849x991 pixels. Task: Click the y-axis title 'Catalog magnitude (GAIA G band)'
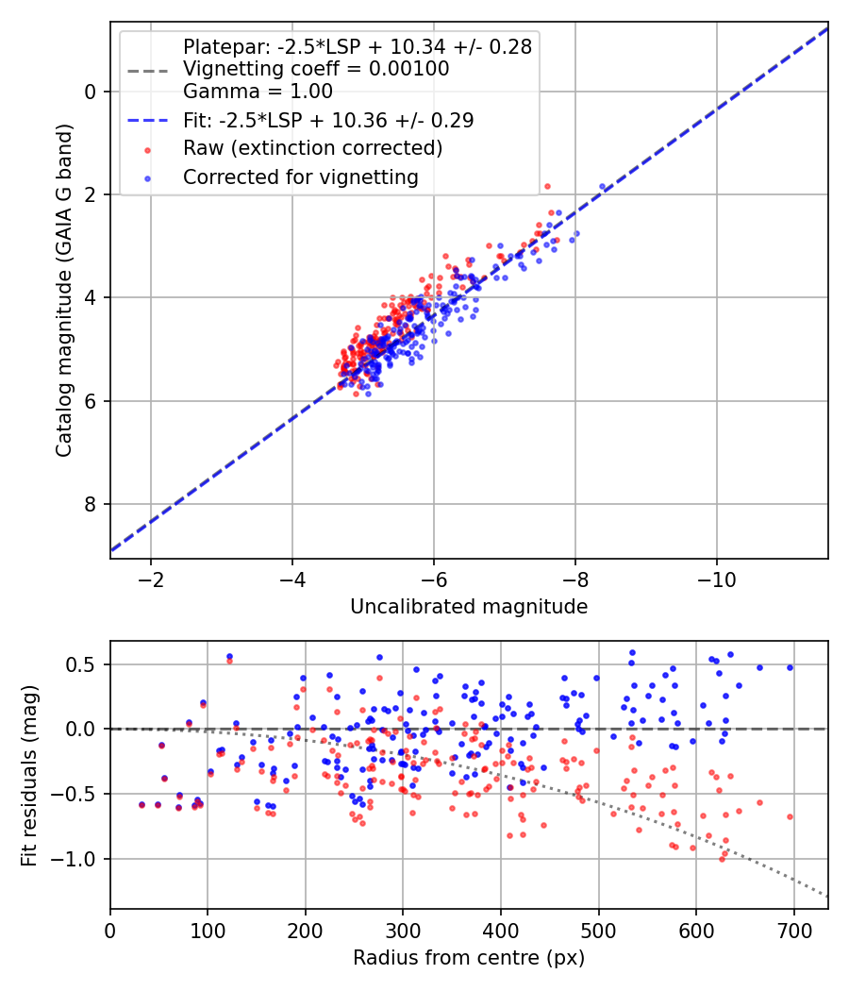click(x=64, y=290)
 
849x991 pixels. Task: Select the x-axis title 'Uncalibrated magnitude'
click(x=469, y=607)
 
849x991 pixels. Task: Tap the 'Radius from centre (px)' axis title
click(x=469, y=958)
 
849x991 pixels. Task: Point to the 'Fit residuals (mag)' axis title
click(x=29, y=776)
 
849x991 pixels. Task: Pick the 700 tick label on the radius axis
click(x=793, y=931)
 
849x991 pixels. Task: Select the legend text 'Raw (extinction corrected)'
click(x=312, y=148)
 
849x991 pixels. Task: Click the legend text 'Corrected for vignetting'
click(x=301, y=177)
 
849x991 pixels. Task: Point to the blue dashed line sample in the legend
click(x=148, y=120)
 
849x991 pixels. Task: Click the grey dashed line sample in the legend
click(x=148, y=71)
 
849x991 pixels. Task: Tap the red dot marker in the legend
click(x=148, y=150)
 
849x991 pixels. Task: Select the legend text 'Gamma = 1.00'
click(x=258, y=91)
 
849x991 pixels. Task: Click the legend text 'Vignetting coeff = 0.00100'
click(x=316, y=68)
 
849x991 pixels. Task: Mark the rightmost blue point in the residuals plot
click(x=790, y=667)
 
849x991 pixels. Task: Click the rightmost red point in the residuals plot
click(x=790, y=816)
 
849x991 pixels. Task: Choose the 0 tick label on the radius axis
click(x=110, y=931)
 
